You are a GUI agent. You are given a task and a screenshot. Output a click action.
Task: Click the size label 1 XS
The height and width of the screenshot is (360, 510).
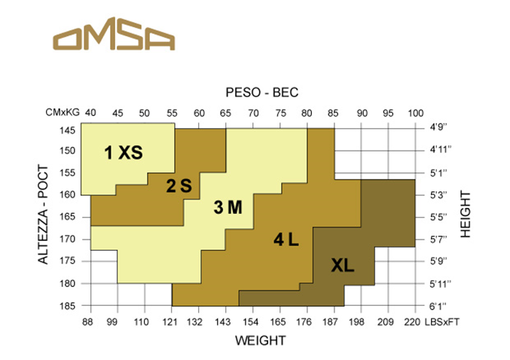pyautogui.click(x=123, y=153)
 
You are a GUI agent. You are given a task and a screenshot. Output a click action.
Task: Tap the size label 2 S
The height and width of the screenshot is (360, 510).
pyautogui.click(x=181, y=185)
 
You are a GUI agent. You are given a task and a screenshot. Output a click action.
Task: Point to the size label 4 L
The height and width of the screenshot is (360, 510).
pyautogui.click(x=286, y=240)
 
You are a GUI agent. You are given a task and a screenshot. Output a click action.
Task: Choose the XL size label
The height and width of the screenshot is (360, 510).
pyautogui.click(x=342, y=265)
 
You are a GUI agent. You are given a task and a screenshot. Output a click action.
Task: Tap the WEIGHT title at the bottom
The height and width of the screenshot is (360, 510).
pyautogui.click(x=261, y=340)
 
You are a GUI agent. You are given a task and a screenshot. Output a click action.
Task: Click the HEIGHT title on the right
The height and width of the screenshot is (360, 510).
pyautogui.click(x=465, y=215)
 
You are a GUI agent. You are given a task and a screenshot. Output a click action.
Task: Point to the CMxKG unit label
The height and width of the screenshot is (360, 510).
pyautogui.click(x=62, y=113)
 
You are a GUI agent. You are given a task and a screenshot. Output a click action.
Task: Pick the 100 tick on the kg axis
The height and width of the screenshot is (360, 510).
pyautogui.click(x=415, y=113)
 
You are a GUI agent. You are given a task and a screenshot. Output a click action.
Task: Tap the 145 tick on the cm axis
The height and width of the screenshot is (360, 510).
pyautogui.click(x=68, y=130)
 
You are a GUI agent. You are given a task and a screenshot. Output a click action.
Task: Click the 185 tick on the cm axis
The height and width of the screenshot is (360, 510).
pyautogui.click(x=68, y=306)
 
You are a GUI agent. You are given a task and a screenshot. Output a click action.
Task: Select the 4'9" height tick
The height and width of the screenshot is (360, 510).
pyautogui.click(x=437, y=129)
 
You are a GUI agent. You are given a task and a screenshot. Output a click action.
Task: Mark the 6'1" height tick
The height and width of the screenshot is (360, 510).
pyautogui.click(x=437, y=306)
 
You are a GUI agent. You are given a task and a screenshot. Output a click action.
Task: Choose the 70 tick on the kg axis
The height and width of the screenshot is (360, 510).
pyautogui.click(x=253, y=113)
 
